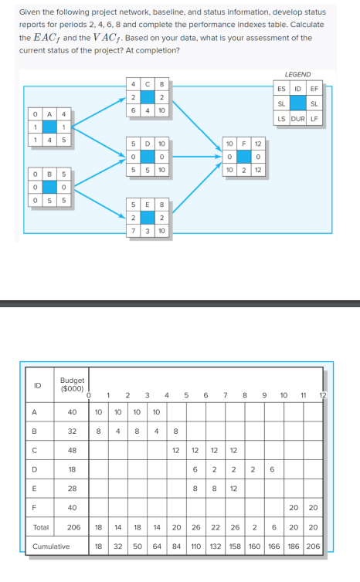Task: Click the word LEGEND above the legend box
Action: click(297, 74)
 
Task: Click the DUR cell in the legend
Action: click(297, 118)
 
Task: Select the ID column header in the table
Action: click(36, 384)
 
